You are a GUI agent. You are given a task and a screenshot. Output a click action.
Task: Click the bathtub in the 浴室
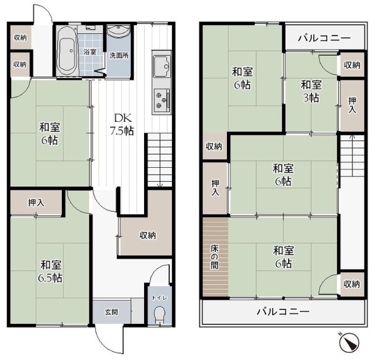coord(67,51)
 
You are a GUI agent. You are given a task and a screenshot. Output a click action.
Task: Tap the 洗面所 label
coord(119,56)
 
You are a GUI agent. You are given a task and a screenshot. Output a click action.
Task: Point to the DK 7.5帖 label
coord(122,124)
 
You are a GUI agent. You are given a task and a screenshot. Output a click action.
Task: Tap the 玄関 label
coord(112,312)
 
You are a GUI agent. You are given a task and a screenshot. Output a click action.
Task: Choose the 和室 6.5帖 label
coord(51,271)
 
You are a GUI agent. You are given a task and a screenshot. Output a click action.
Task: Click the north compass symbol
coord(349,342)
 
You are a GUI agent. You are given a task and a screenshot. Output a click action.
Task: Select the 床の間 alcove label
coord(215,257)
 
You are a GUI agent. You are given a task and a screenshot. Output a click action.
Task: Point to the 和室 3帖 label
coord(311,91)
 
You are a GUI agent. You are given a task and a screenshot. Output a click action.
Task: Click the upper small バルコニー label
coord(324,38)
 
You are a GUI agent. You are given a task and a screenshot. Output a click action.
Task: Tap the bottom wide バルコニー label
coord(283,312)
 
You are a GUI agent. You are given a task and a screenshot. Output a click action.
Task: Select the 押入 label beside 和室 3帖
coord(352,105)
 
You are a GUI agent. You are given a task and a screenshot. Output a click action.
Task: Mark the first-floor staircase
coord(160,160)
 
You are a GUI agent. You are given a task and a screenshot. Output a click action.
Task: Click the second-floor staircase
coord(352,156)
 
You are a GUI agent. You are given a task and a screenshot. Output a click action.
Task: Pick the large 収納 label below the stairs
coord(148,235)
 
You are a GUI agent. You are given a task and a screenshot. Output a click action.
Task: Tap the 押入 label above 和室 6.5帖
coord(36,203)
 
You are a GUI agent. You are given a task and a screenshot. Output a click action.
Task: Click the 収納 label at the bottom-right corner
coord(352,284)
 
